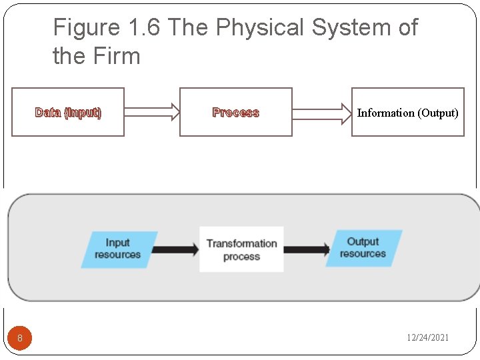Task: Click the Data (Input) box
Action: point(68,112)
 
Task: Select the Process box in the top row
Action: point(236,112)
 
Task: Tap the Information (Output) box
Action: point(407,112)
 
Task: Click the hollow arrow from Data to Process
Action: point(152,112)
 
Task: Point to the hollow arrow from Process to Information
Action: point(321,112)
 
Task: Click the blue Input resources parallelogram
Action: point(119,249)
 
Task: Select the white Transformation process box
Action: point(241,249)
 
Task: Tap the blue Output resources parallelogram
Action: point(363,248)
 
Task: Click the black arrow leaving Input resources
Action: point(175,249)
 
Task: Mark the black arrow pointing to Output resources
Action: point(307,249)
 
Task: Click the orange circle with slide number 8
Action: point(20,338)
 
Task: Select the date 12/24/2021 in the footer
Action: point(428,337)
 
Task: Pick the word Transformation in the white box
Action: point(241,243)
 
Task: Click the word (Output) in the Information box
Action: point(438,113)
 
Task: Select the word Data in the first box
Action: point(48,113)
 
